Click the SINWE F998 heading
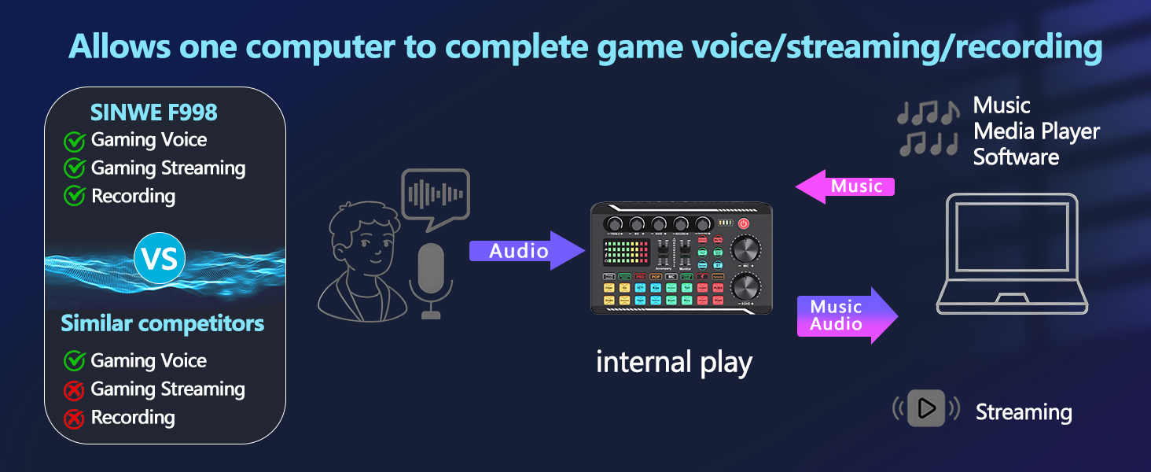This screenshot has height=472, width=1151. point(154,112)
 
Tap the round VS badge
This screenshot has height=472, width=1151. point(159,259)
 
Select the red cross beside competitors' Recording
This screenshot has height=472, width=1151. point(74,419)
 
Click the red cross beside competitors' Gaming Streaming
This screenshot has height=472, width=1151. point(74,390)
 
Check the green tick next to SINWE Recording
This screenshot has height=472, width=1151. point(74,197)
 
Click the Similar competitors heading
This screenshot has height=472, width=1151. point(163,323)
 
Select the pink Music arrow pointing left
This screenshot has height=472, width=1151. point(845,186)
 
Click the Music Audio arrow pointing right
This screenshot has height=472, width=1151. point(846,315)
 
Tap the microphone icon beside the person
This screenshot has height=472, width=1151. point(431,279)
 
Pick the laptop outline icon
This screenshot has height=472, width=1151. point(1013,253)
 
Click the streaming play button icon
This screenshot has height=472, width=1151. point(926,408)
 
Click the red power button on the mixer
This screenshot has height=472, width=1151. point(743,223)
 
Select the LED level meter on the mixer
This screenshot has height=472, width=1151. point(624,253)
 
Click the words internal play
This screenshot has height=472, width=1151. point(674,363)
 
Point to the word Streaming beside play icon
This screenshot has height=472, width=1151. point(1024,412)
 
